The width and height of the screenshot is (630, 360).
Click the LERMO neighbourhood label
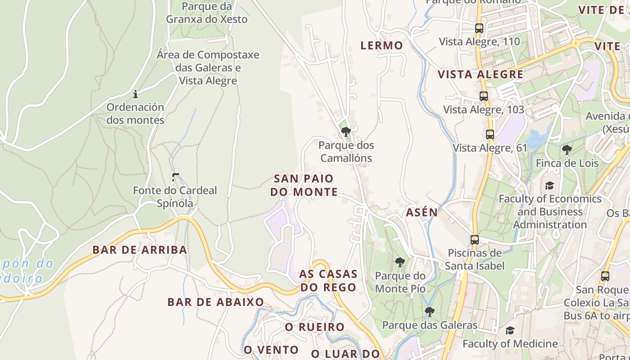[x=382, y=45]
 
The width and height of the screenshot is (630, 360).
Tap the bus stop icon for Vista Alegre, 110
[x=479, y=28]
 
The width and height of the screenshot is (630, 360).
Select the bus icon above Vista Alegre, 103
[x=484, y=96]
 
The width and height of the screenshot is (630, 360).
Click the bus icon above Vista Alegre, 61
[x=490, y=135]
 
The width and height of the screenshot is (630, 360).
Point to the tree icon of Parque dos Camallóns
[x=346, y=132]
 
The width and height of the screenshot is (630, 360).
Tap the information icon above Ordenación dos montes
[x=135, y=94]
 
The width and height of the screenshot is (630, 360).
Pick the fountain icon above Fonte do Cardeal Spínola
[x=175, y=177]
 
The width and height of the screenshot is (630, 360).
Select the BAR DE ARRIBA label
[x=139, y=250]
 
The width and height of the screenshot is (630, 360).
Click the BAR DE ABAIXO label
[x=216, y=302]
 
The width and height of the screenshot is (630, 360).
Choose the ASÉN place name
[x=422, y=212]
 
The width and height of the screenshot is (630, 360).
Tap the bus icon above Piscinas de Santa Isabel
[x=475, y=240]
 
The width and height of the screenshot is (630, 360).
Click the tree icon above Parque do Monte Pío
[x=400, y=262]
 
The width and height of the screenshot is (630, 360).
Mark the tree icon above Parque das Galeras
[x=430, y=311]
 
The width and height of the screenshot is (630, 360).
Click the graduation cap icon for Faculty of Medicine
[x=510, y=331]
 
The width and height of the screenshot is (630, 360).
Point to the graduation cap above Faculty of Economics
[x=549, y=185]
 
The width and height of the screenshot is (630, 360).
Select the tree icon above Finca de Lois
[x=567, y=150]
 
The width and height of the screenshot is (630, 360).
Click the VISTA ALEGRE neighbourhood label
[x=481, y=75]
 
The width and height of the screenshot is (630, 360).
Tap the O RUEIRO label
[x=315, y=327]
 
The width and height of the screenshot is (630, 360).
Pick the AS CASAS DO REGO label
[x=328, y=280]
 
